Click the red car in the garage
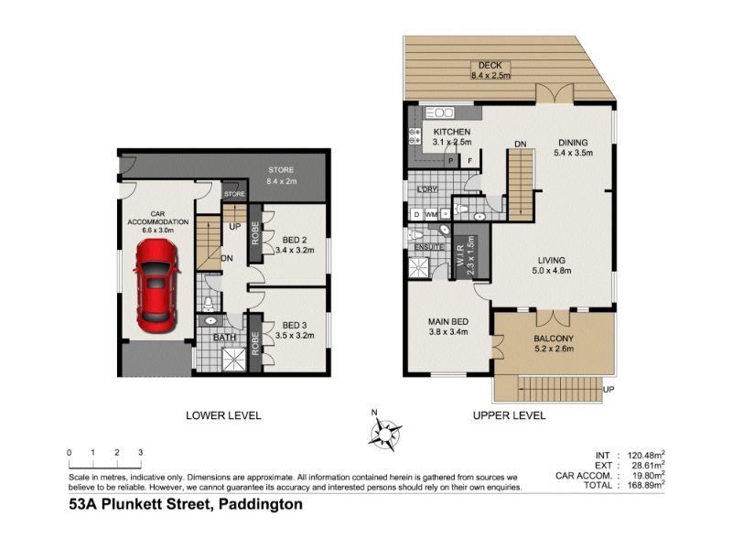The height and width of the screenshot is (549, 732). click(x=156, y=285)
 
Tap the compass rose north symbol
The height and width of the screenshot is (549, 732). click(x=384, y=433)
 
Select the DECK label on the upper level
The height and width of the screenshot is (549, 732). click(x=490, y=66)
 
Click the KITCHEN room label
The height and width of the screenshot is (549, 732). click(x=452, y=132)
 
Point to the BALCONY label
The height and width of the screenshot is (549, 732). click(x=554, y=339)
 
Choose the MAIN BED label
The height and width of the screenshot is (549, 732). click(x=448, y=322)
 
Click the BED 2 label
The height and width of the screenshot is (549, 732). click(x=295, y=240)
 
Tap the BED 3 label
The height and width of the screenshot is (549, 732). click(x=295, y=326)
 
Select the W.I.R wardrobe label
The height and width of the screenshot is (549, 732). click(x=459, y=257)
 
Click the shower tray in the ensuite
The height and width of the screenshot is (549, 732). click(x=419, y=268)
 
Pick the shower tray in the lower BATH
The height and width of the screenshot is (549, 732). click(x=234, y=360)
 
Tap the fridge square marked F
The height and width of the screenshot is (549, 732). click(x=470, y=161)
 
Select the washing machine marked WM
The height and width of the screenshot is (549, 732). click(x=431, y=215)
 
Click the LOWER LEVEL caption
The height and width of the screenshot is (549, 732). click(x=223, y=415)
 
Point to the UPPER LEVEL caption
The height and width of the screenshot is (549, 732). click(x=510, y=415)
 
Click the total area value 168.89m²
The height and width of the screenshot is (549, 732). click(x=646, y=485)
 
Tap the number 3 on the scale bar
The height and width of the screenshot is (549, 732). click(x=141, y=452)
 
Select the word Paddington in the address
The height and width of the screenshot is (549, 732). click(x=261, y=505)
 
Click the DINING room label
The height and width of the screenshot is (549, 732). click(x=574, y=143)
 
